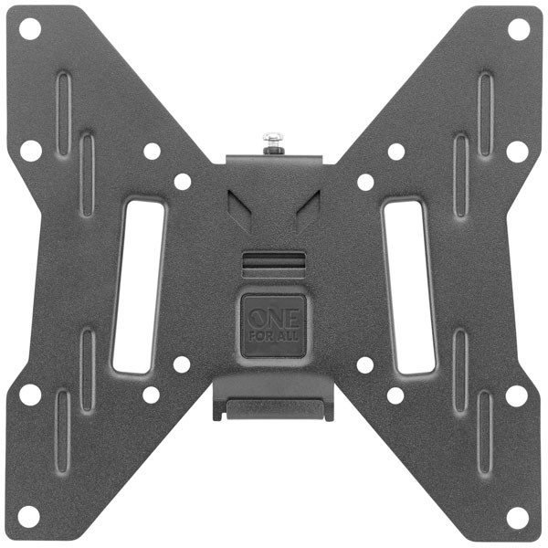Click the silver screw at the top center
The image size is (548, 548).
pos(273,142)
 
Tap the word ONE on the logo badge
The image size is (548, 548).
pos(274,319)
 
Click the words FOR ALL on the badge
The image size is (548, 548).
pos(274,336)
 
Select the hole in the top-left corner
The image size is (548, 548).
pos(30,29)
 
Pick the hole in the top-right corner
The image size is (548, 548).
pos(519,29)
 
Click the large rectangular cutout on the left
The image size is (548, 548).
pos(139,286)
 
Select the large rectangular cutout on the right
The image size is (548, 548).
pos(409,287)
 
